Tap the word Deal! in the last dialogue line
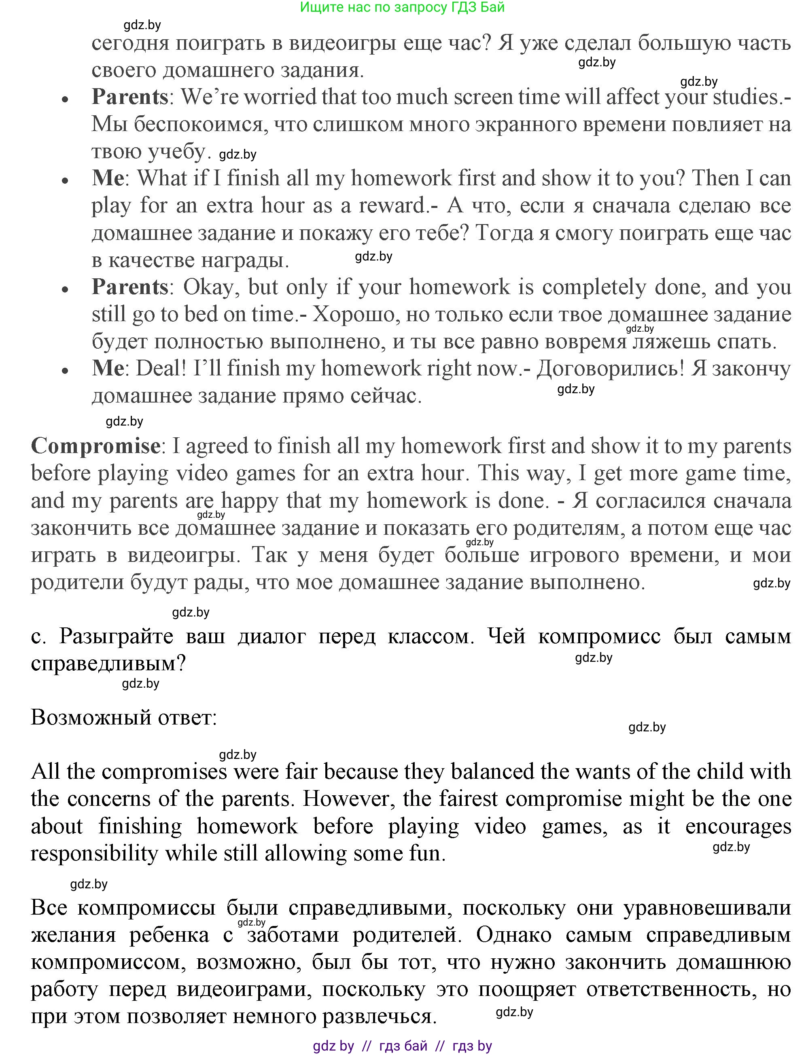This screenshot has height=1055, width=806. [161, 368]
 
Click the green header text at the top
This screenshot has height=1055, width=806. [402, 7]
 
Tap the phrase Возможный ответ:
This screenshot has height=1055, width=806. [124, 717]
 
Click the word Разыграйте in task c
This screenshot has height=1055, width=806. [116, 636]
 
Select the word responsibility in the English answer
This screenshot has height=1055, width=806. [94, 853]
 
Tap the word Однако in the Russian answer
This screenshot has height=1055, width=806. [514, 934]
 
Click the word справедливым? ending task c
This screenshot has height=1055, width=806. [108, 664]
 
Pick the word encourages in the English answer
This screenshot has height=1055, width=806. [738, 826]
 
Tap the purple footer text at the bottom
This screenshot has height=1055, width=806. [402, 1046]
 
